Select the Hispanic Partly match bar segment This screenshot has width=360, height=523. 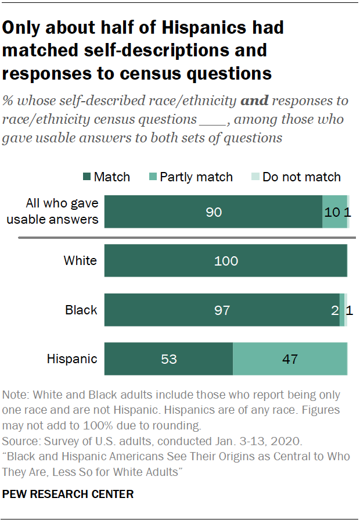[290, 359]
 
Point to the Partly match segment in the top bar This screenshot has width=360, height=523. [334, 212]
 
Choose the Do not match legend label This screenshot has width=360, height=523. [301, 177]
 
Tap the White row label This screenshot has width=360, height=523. [80, 261]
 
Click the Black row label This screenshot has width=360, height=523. [81, 310]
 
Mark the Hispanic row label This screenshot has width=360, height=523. [72, 359]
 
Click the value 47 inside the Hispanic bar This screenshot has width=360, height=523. [290, 359]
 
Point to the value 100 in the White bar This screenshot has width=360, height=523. [226, 261]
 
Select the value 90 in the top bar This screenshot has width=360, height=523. [214, 212]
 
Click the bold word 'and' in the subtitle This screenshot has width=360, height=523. [254, 101]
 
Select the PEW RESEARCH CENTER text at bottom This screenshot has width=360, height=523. [68, 495]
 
